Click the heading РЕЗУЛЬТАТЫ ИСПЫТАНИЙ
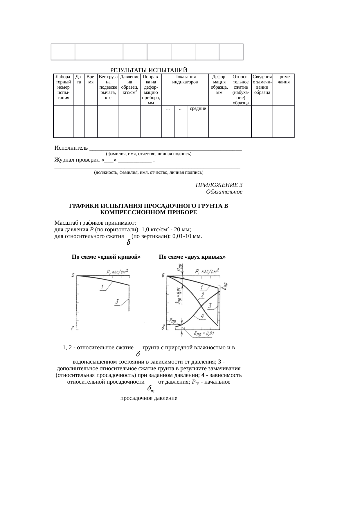pos(149,70)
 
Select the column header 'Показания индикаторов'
pos(185,80)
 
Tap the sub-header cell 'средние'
pos(198,109)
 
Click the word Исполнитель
pos(71,148)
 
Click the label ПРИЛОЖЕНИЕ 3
pos(219,185)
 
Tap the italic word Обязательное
pos(224,192)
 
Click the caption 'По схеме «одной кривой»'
pos(106,257)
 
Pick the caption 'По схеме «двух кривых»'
pos(192,257)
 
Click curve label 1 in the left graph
pos(102,287)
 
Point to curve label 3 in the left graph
pos(117,302)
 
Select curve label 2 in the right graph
pos(202,295)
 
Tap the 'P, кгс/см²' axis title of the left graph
pos(117,272)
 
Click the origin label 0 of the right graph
pos(163,275)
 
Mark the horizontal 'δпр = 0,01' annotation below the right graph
pos(204,334)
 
